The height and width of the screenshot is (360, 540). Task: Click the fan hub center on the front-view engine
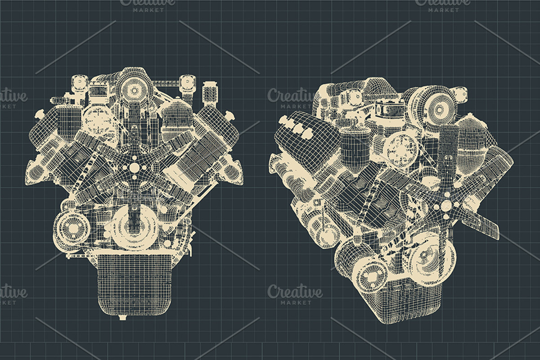[x=134, y=167]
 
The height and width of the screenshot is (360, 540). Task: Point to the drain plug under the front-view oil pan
[x=122, y=318]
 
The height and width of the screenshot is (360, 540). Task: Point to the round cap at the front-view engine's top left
[x=80, y=84]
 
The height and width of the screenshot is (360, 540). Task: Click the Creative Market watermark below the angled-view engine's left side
[x=295, y=295]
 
